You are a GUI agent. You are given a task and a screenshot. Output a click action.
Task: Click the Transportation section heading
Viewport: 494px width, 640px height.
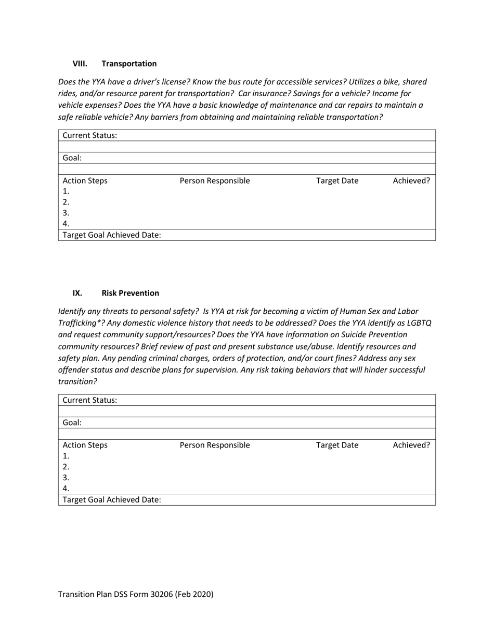129,63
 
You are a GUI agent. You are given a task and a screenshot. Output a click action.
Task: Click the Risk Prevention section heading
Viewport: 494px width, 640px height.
130,293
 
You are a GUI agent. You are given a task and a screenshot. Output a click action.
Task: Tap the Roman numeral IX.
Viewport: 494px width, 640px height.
77,293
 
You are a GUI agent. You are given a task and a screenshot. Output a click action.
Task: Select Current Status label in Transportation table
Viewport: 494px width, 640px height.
90,135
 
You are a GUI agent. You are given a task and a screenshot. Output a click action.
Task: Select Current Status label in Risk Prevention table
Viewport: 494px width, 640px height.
90,400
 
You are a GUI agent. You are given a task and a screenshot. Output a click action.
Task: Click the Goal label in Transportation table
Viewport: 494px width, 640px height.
72,158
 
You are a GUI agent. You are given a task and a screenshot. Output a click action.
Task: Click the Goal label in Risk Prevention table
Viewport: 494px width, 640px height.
72,423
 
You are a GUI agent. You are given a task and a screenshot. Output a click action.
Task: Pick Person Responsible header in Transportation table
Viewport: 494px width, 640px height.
214,181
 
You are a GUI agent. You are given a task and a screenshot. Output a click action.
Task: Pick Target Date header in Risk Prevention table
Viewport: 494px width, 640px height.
337,445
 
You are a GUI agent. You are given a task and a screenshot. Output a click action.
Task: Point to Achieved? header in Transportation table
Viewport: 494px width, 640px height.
411,181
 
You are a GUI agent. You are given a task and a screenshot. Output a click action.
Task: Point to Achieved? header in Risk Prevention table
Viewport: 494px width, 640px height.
411,445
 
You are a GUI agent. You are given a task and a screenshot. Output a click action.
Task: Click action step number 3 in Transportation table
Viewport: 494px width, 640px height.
66,213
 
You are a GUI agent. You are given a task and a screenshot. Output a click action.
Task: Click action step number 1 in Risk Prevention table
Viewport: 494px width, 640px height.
66,456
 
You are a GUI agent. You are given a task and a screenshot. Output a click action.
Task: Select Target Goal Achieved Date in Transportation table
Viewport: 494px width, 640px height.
112,235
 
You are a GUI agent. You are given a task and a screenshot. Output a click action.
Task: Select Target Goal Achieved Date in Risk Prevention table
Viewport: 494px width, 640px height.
112,500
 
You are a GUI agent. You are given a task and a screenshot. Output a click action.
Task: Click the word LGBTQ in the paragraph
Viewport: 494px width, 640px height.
418,323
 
